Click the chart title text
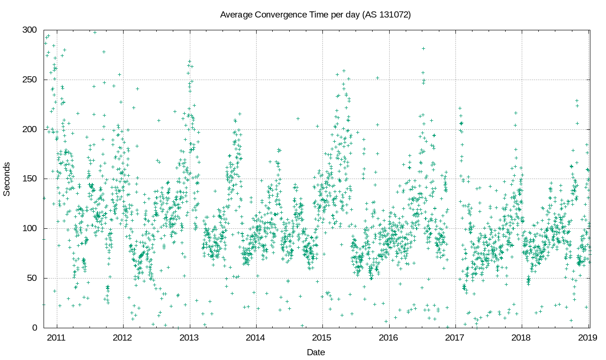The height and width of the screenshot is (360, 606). pyautogui.click(x=315, y=15)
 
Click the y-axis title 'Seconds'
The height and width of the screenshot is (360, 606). pyautogui.click(x=7, y=179)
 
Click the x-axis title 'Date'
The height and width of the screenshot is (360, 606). pyautogui.click(x=316, y=352)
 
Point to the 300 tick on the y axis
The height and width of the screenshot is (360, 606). pyautogui.click(x=30, y=30)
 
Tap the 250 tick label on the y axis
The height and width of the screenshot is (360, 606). pyautogui.click(x=30, y=80)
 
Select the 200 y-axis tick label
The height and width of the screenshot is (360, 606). pyautogui.click(x=30, y=129)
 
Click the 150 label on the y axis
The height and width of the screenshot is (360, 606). pyautogui.click(x=30, y=179)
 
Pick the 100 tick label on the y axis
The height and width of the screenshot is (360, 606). pyautogui.click(x=30, y=228)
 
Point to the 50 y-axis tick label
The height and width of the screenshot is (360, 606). pyautogui.click(x=32, y=278)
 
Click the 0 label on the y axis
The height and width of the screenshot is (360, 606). pyautogui.click(x=34, y=328)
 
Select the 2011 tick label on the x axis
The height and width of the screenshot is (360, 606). pyautogui.click(x=57, y=338)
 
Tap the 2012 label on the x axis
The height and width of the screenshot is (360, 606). pyautogui.click(x=123, y=338)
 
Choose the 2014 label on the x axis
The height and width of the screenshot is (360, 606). pyautogui.click(x=256, y=338)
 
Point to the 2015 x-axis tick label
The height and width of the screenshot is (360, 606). pyautogui.click(x=322, y=338)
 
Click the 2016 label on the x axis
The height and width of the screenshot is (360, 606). pyautogui.click(x=389, y=338)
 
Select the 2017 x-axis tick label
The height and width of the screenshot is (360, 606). pyautogui.click(x=455, y=338)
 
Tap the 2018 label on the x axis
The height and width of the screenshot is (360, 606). pyautogui.click(x=522, y=338)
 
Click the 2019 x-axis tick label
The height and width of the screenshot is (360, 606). pyautogui.click(x=588, y=338)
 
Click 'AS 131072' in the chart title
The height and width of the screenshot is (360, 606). pyautogui.click(x=386, y=15)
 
